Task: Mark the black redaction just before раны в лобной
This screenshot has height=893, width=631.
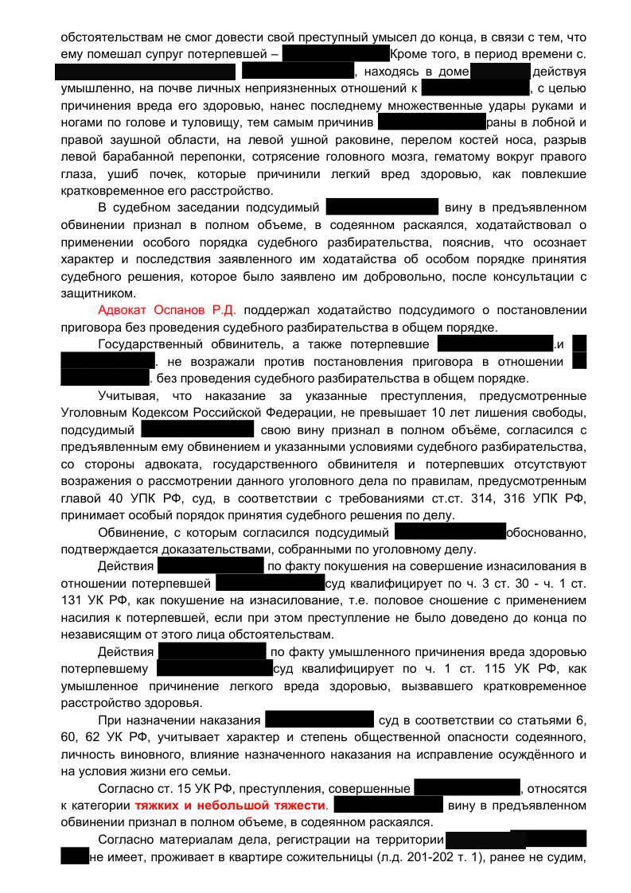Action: (x=431, y=122)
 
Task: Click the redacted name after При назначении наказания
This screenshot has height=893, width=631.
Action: (x=319, y=720)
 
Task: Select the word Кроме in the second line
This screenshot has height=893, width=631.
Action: (x=409, y=55)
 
